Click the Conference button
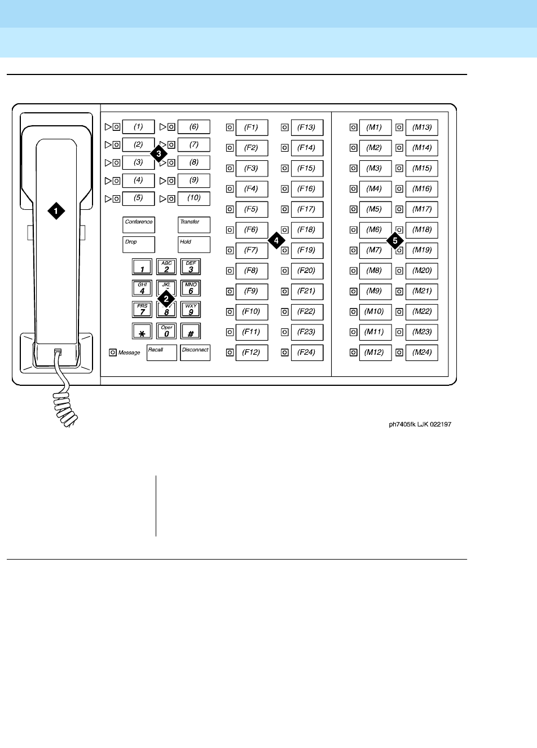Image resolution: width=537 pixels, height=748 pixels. (x=139, y=225)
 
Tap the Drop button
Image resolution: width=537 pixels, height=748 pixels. (x=139, y=244)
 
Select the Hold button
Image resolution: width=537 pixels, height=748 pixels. (x=194, y=244)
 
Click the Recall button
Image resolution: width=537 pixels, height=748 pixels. (x=162, y=353)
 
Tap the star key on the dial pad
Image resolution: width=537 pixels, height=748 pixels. (x=142, y=332)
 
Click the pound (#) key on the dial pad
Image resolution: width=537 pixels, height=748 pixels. (x=191, y=332)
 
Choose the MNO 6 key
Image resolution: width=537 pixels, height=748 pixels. (x=191, y=288)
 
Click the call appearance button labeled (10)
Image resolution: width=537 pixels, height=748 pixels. (x=194, y=199)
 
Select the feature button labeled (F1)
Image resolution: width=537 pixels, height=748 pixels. (x=252, y=127)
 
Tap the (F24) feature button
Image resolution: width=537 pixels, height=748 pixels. (x=307, y=353)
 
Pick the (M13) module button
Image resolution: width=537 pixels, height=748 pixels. (x=422, y=127)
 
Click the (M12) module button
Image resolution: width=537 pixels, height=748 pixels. (x=375, y=353)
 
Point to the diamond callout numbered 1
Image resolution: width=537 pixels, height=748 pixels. (x=56, y=211)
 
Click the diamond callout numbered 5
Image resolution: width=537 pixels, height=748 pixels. (x=395, y=240)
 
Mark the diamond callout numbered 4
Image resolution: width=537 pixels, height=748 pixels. (x=275, y=240)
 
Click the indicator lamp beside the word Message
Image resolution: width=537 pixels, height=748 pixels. (x=113, y=353)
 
